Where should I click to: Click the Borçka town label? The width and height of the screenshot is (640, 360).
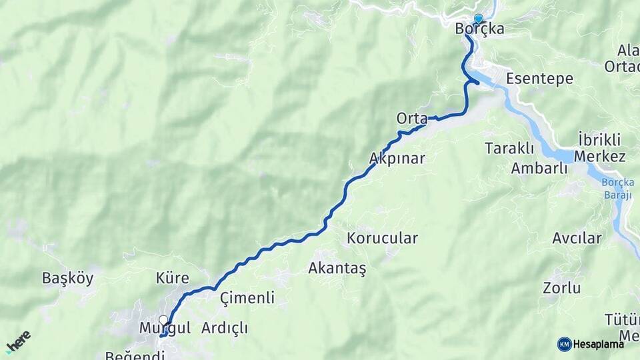(479, 29)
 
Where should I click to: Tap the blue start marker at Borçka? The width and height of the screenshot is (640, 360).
(478, 19)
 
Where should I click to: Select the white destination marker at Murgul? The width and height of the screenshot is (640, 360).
(163, 320)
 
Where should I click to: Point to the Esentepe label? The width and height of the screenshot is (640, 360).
(539, 79)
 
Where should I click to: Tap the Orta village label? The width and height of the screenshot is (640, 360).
(411, 119)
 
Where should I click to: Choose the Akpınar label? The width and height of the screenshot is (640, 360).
(397, 158)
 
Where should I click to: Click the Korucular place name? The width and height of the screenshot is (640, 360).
(382, 238)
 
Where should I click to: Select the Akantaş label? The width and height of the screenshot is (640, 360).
(337, 268)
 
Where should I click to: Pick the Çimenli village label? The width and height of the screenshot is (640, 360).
(247, 298)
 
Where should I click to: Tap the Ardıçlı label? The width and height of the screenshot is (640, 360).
(224, 328)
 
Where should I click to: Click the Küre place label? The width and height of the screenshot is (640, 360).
(172, 278)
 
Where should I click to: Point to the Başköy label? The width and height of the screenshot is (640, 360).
(67, 278)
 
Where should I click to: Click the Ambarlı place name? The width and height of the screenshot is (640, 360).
(539, 168)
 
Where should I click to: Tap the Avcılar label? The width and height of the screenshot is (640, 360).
(577, 238)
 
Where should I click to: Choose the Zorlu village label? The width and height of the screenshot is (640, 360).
(561, 289)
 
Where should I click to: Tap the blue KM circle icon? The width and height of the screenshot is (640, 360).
(564, 344)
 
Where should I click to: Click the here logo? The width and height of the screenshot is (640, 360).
(18, 342)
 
